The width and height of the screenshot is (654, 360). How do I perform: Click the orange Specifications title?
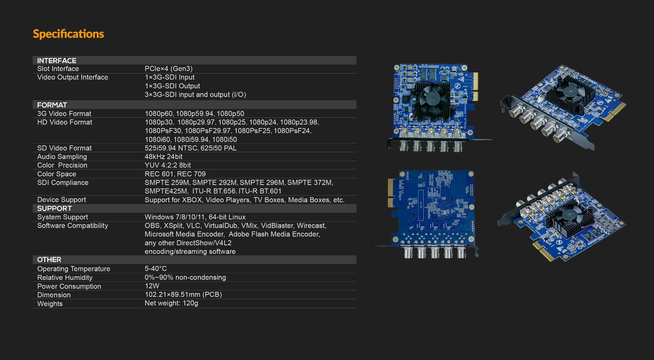[x=68, y=34]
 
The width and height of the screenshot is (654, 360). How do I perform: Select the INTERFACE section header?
[x=57, y=61]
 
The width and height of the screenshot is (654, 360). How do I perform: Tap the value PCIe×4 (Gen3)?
[x=168, y=68]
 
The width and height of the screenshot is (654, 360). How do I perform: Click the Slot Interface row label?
[x=58, y=68]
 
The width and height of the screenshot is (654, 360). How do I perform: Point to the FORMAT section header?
[x=52, y=105]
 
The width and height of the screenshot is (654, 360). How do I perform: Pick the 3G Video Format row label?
[x=64, y=113]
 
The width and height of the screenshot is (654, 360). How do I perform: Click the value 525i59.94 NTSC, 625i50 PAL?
[x=190, y=148]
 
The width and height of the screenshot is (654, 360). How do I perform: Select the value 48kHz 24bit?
[x=163, y=157]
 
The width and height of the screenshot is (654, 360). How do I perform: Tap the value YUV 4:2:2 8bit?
[x=168, y=165]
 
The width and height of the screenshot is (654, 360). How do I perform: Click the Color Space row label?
[x=57, y=174]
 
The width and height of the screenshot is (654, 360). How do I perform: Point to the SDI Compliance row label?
[x=63, y=182]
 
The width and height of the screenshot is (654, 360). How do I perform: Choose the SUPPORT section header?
[x=54, y=208]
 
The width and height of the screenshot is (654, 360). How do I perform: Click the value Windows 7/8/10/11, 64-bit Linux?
[x=195, y=217]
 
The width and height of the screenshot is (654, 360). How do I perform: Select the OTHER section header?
[x=49, y=260]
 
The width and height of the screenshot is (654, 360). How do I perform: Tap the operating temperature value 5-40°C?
[x=156, y=269]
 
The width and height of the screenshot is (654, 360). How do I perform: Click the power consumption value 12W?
[x=152, y=286]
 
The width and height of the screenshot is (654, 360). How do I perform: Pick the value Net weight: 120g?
[x=171, y=303]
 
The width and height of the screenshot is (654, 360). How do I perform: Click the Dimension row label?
[x=54, y=295]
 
